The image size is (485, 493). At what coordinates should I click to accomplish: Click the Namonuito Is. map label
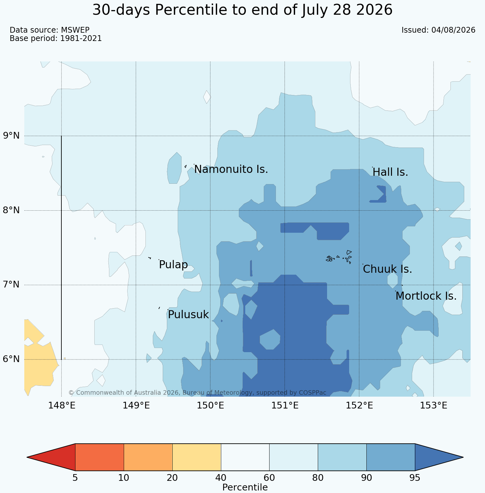pyautogui.click(x=231, y=169)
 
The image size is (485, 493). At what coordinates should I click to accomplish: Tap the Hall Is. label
pyautogui.click(x=390, y=172)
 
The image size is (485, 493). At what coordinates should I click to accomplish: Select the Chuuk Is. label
pyautogui.click(x=387, y=269)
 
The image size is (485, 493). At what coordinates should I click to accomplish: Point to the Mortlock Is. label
pyautogui.click(x=426, y=296)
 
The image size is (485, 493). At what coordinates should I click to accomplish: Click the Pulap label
pyautogui.click(x=173, y=265)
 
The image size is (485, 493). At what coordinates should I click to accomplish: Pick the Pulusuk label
pyautogui.click(x=188, y=315)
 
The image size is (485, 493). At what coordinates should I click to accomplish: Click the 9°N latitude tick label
pyautogui.click(x=12, y=136)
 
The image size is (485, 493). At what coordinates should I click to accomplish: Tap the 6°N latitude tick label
pyautogui.click(x=12, y=359)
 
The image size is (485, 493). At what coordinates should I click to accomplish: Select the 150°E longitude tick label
pyautogui.click(x=210, y=406)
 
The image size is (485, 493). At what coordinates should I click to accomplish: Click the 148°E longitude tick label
pyautogui.click(x=61, y=406)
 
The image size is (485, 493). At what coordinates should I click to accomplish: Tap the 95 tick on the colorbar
pyautogui.click(x=415, y=478)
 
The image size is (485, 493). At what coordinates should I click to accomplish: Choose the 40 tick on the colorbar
pyautogui.click(x=221, y=478)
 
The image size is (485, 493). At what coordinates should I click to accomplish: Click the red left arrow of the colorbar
pyautogui.click(x=51, y=457)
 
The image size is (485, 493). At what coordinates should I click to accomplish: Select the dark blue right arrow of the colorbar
pyautogui.click(x=439, y=457)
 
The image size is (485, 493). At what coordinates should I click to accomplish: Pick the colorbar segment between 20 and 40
pyautogui.click(x=197, y=457)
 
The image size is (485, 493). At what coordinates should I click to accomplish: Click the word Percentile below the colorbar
pyautogui.click(x=245, y=488)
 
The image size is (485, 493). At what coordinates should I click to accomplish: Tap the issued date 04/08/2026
pyautogui.click(x=453, y=30)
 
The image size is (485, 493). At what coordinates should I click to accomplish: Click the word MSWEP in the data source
pyautogui.click(x=75, y=30)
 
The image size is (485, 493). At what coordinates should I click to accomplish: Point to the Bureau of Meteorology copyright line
pyautogui.click(x=197, y=392)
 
